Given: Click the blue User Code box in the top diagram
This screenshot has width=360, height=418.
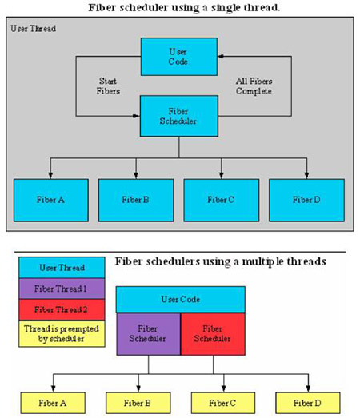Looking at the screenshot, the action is click(x=178, y=57).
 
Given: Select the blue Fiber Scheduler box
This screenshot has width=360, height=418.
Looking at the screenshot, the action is click(x=178, y=116).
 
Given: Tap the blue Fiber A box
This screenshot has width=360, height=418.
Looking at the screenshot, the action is click(x=51, y=200).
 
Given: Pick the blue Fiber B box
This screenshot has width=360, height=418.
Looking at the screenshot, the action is click(x=136, y=200).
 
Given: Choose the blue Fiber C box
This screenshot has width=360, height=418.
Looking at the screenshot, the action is click(x=222, y=200).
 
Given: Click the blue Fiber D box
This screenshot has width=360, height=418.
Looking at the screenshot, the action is click(x=306, y=200).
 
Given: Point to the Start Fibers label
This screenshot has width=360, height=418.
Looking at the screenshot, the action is click(x=108, y=86).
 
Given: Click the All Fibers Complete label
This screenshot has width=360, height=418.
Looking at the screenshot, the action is click(x=254, y=86).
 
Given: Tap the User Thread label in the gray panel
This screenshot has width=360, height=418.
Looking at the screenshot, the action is click(x=34, y=28).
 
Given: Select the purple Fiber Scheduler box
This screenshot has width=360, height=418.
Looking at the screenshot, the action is click(x=148, y=334).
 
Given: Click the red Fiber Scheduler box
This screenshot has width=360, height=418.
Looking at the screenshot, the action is click(x=213, y=334).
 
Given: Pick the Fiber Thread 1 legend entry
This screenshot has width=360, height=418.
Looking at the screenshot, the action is click(x=62, y=289).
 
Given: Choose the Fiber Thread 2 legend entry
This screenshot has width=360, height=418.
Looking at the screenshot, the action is click(x=62, y=309).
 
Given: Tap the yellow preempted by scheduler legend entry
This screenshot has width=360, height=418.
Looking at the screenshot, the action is click(x=62, y=333).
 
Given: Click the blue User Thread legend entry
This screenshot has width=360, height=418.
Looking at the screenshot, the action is click(x=62, y=268).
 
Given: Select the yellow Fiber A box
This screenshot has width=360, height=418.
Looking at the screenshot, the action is click(x=53, y=403).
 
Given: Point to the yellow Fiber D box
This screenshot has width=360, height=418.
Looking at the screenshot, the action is click(x=308, y=403).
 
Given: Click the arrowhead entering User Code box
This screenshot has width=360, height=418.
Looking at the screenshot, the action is click(x=221, y=56).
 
